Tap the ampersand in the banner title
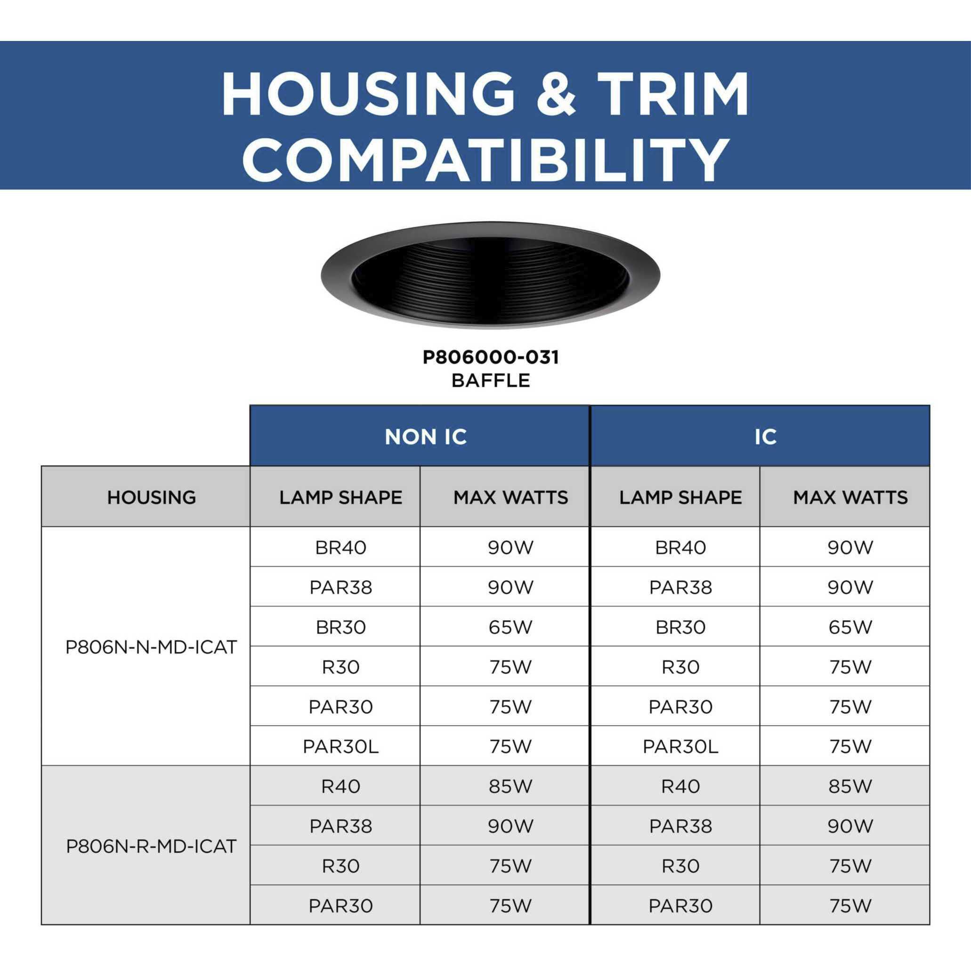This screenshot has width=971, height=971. coord(557,95)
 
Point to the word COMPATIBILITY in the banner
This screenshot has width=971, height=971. coord(485,159)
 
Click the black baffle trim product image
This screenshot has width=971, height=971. coord(490,275)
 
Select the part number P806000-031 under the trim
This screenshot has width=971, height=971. coord(490,357)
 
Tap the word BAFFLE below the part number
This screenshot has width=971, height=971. coord(490,380)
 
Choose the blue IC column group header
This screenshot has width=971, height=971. coord(760,436)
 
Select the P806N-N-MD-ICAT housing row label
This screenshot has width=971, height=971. coord(151,647)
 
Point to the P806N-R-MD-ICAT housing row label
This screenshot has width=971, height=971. coord(151,846)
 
